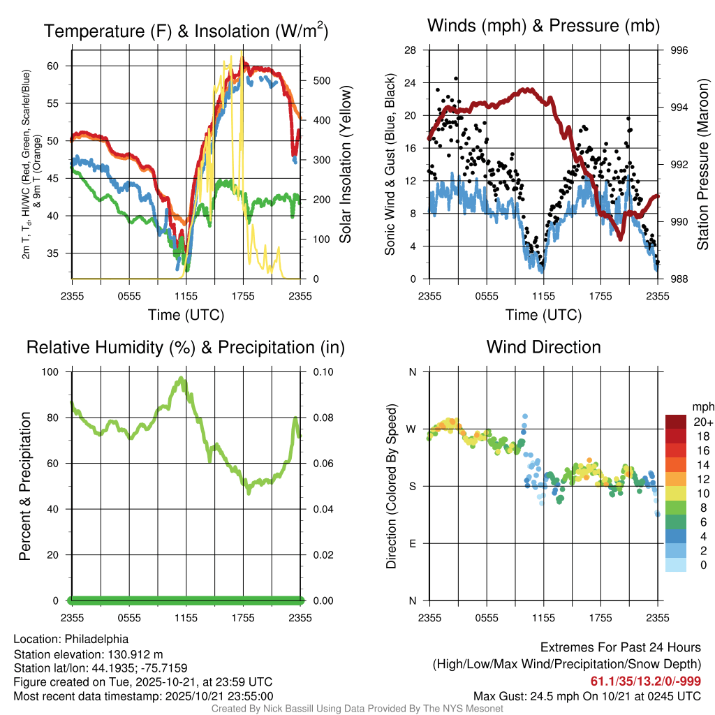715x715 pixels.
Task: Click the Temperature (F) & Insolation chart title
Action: click(186, 31)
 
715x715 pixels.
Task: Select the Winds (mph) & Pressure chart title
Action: click(543, 27)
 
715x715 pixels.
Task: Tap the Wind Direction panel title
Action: click(543, 347)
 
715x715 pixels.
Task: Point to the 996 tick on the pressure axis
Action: click(679, 50)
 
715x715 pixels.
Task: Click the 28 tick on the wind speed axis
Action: click(411, 50)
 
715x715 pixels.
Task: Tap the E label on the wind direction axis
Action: click(412, 543)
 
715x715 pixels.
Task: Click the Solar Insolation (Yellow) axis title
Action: click(345, 165)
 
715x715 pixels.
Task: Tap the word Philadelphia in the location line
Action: click(96, 638)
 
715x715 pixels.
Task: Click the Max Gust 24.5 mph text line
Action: click(587, 695)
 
